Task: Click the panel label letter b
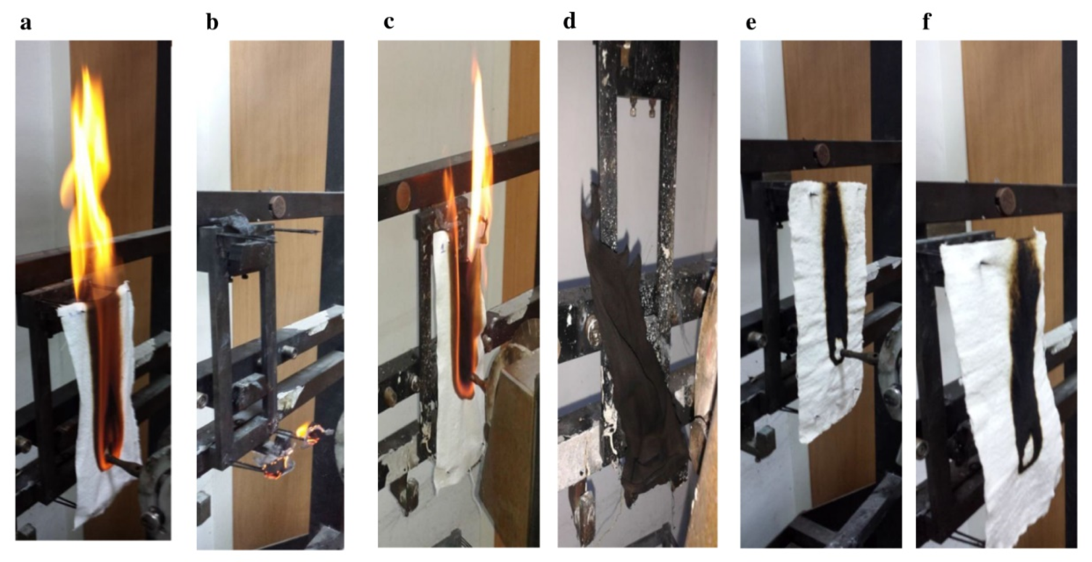(x=212, y=22)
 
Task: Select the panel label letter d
(x=569, y=21)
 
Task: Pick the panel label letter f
(x=927, y=21)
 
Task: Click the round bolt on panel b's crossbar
(x=279, y=207)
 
